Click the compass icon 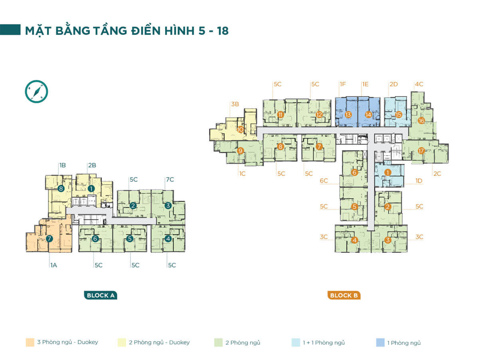36,91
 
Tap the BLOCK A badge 101,295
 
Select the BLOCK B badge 344,295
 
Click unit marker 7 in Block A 49,239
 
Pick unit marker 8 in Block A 61,188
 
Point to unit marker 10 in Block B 240,129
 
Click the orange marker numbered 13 348,115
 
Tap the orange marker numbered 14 368,115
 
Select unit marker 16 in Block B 422,121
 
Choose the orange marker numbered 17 421,150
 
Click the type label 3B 235,104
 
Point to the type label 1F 343,84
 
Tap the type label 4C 419,84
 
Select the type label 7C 170,180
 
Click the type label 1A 54,265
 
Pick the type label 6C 324,181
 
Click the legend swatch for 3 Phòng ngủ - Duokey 30,342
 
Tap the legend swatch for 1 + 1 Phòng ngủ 296,342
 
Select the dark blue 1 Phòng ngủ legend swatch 380,342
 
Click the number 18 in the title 223,31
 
